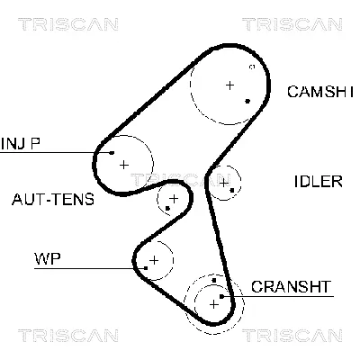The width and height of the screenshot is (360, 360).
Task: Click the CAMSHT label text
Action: [x=320, y=91]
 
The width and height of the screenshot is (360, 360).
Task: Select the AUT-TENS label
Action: [x=52, y=199]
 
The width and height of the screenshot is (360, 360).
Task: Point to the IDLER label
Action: [x=318, y=181]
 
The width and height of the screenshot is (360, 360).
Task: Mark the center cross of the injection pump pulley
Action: [x=124, y=164]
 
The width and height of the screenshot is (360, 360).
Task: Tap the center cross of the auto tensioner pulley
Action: [x=173, y=197]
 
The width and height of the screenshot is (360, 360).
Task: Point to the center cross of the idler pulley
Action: [x=223, y=183]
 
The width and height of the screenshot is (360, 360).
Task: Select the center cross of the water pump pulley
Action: [x=154, y=260]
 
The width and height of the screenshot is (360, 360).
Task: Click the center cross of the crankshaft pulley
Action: [x=214, y=303]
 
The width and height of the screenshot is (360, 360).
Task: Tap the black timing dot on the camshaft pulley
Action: [x=247, y=101]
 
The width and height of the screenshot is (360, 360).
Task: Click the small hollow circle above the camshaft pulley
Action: [x=252, y=67]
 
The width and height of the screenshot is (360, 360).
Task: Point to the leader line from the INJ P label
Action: [x=54, y=153]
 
